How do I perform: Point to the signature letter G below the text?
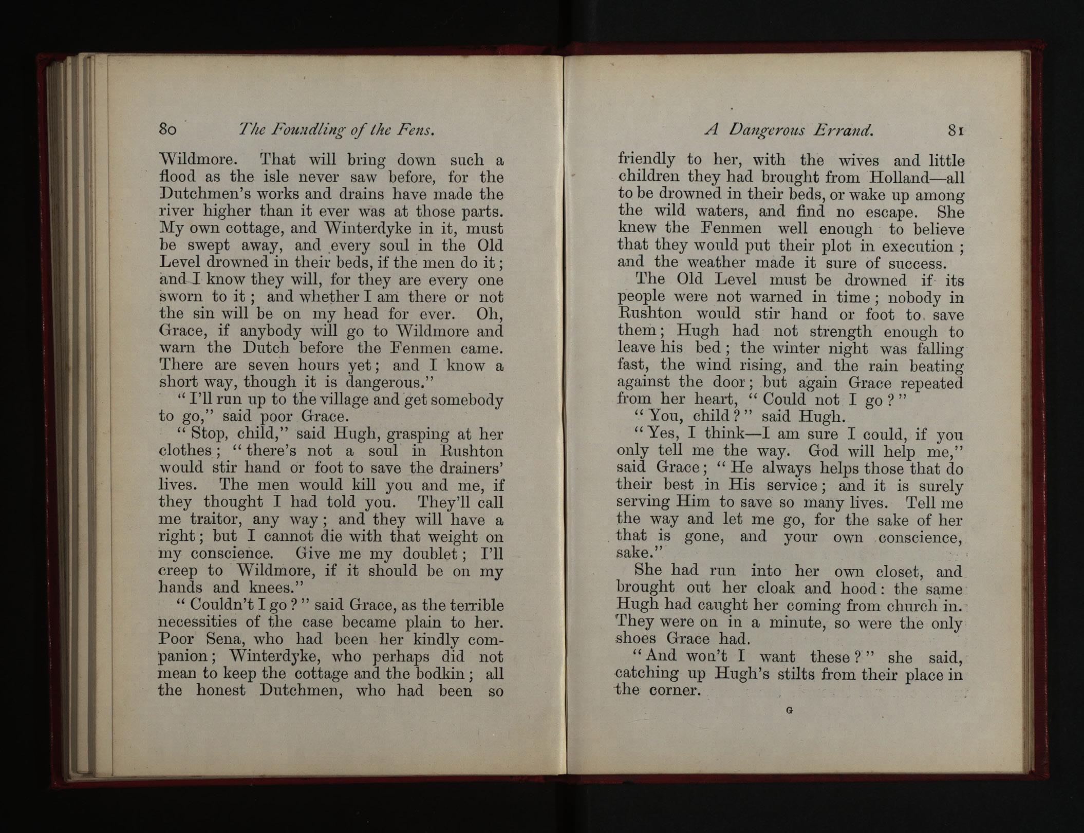790,711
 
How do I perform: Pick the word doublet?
426,554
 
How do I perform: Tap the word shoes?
636,639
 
